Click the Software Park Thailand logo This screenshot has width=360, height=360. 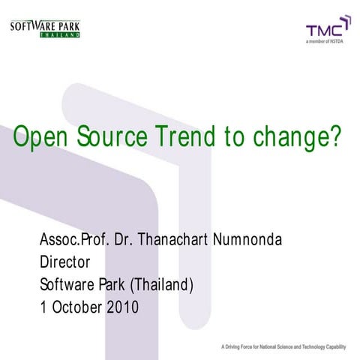(x=44, y=29)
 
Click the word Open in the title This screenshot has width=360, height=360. (x=42, y=137)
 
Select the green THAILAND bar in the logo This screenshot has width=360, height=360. (x=60, y=34)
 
